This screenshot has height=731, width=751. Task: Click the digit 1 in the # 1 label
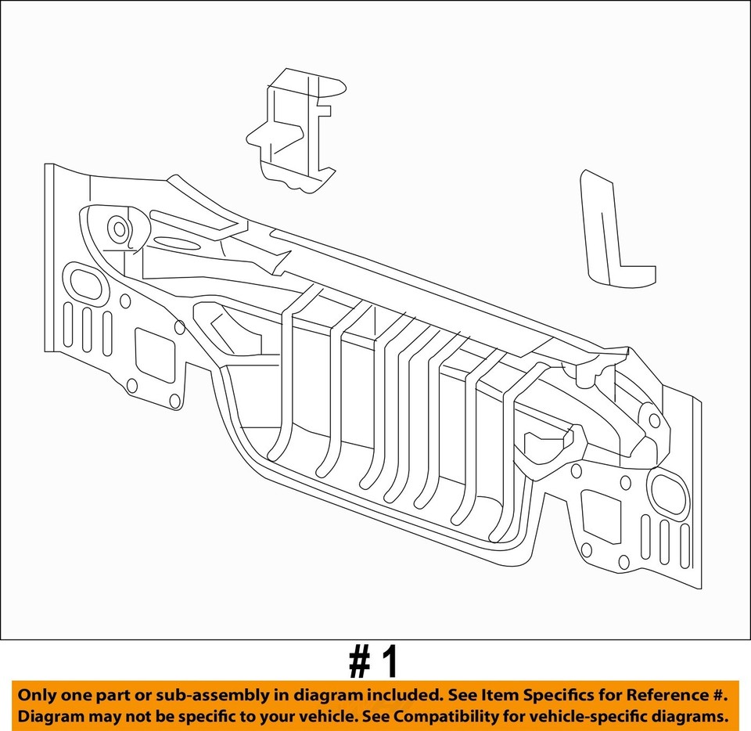[389, 662]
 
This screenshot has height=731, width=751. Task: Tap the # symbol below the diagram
[359, 662]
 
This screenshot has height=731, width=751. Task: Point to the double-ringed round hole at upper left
[119, 229]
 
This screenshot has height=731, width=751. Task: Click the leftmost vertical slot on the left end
[68, 324]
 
